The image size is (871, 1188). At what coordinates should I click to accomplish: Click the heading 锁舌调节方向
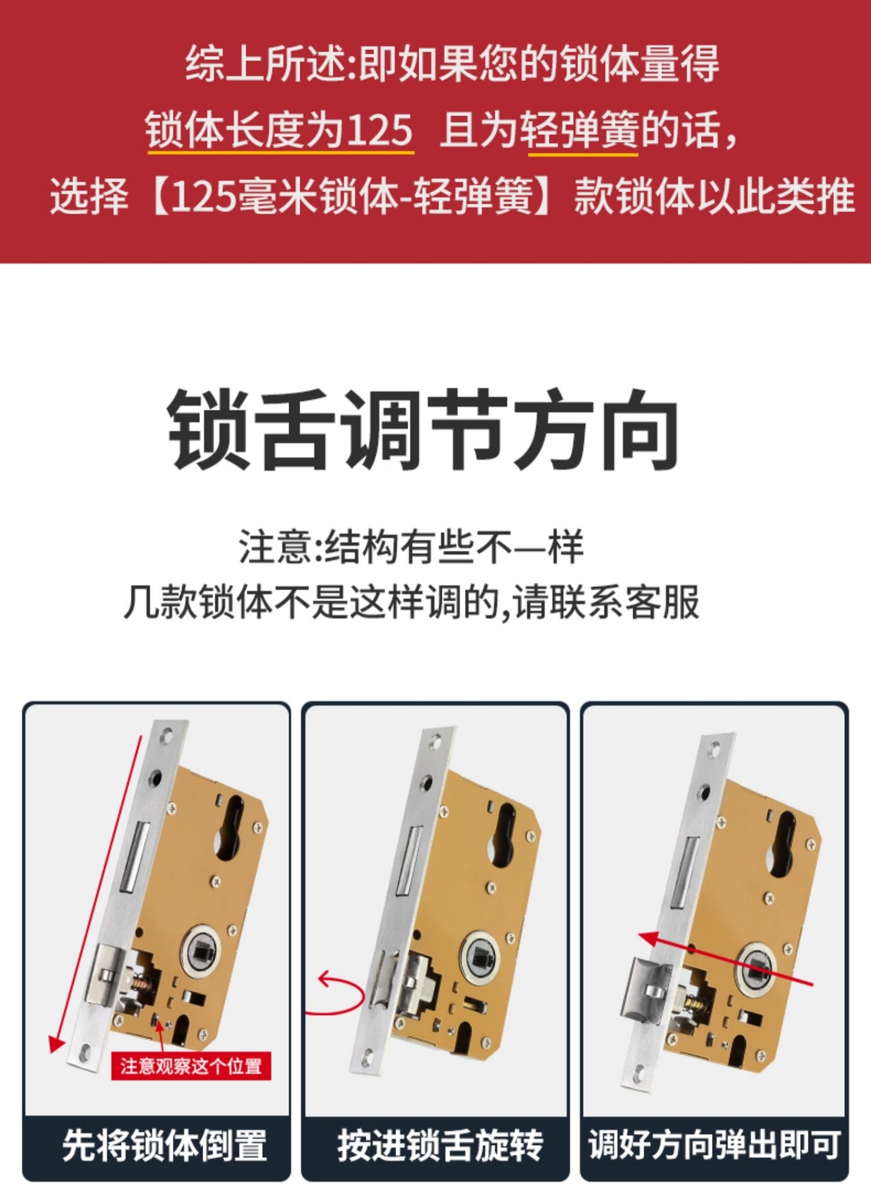click(423, 430)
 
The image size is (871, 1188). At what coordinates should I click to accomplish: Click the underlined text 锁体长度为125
click(280, 130)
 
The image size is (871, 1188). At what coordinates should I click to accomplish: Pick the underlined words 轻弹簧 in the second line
click(582, 130)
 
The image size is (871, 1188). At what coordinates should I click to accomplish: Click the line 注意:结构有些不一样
click(411, 547)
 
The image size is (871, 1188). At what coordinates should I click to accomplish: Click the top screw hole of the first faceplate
click(168, 737)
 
